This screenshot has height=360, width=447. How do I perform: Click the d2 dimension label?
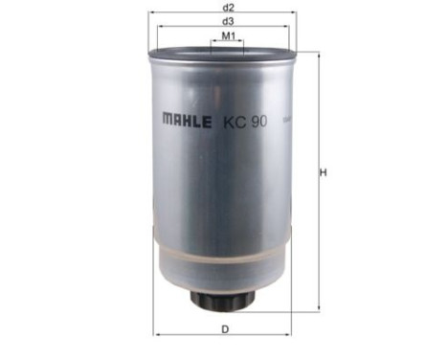(x=229, y=6)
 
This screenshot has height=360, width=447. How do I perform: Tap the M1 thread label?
(x=229, y=35)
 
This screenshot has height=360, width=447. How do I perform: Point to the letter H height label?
(x=324, y=173)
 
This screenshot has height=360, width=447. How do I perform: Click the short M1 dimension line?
(x=229, y=43)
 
